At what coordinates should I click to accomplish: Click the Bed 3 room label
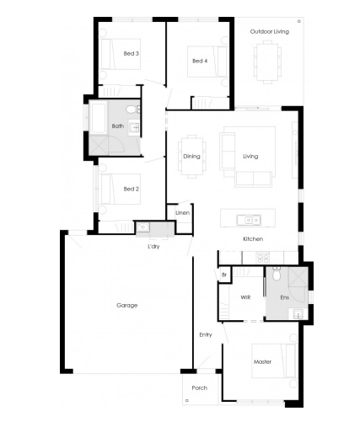132,53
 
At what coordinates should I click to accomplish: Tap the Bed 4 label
200,61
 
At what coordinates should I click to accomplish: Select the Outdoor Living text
270,31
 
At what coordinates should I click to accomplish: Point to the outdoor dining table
267,61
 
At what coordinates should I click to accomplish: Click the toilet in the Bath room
132,110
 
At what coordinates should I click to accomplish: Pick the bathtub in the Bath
99,118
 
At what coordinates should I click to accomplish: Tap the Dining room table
192,156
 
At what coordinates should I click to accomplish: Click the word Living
250,156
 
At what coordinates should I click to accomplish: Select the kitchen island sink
249,220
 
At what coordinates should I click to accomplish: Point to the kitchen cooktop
262,258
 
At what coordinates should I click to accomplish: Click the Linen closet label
183,213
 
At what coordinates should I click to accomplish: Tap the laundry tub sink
142,227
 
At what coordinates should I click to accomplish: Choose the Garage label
127,305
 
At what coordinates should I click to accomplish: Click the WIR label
245,297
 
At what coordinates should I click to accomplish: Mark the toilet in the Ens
277,274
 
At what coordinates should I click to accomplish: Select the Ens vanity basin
298,313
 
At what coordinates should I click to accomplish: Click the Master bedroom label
262,362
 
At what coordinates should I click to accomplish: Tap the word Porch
200,387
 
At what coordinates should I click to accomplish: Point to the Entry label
206,334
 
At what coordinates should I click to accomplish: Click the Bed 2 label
132,189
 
